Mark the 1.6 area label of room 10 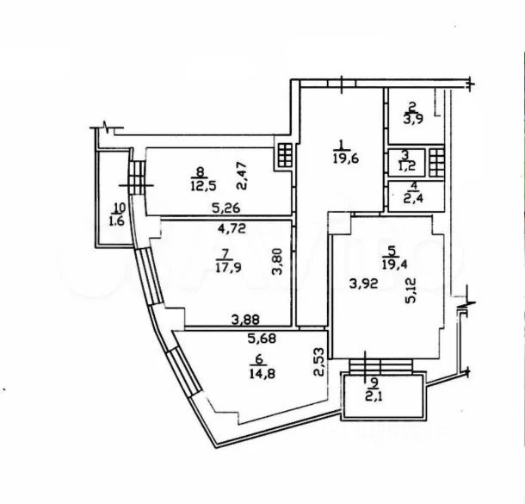(117, 220)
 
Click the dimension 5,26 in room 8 (225, 208)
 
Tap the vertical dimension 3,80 (276, 261)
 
